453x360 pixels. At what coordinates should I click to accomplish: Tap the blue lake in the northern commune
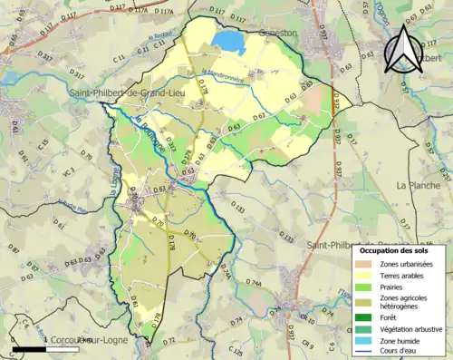[228, 43]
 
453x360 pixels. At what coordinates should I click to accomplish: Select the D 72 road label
[169, 341]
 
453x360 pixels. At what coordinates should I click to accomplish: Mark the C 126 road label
[235, 350]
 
